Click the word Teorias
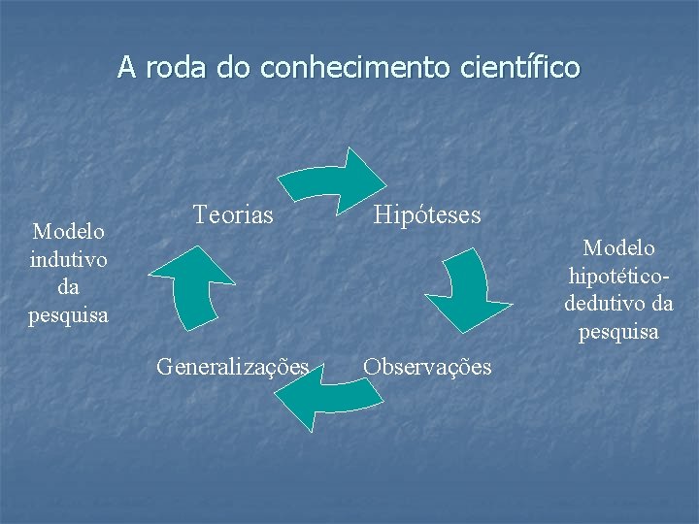pyautogui.click(x=233, y=214)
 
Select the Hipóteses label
pyautogui.click(x=427, y=214)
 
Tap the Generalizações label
pyautogui.click(x=233, y=367)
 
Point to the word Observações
pyautogui.click(x=427, y=367)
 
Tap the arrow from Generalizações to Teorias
pyautogui.click(x=188, y=286)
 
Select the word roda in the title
pyautogui.click(x=177, y=68)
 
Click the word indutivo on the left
pyautogui.click(x=69, y=260)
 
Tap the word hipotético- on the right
pyautogui.click(x=618, y=276)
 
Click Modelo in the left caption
pyautogui.click(x=69, y=232)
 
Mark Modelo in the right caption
pyautogui.click(x=618, y=248)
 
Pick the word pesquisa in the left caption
pyautogui.click(x=69, y=315)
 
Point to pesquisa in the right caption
pyautogui.click(x=618, y=332)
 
